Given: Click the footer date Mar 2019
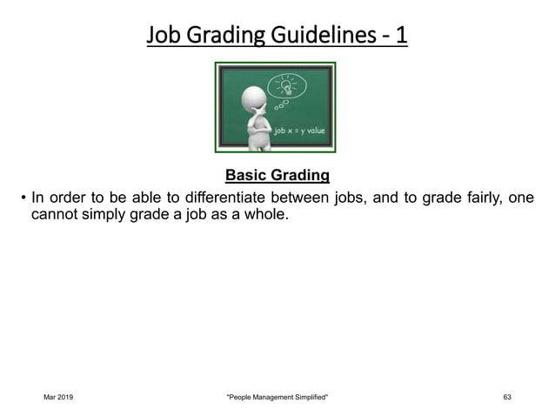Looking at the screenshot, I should coord(58,398).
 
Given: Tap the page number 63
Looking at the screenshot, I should coord(507,398).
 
